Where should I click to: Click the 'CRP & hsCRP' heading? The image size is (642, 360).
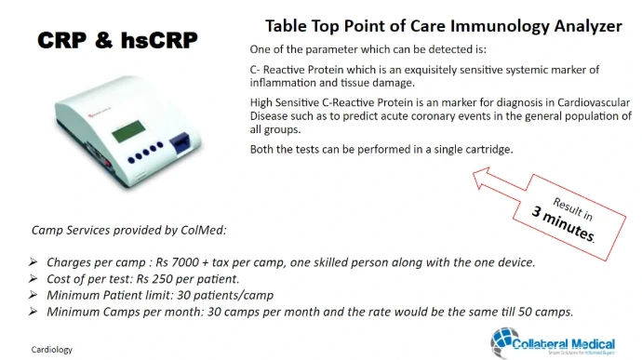pyautogui.click(x=117, y=40)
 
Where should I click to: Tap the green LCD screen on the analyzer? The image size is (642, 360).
pyautogui.click(x=128, y=131)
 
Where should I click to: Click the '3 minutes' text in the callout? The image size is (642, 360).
pyautogui.click(x=563, y=223)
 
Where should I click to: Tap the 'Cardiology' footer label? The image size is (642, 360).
pyautogui.click(x=51, y=350)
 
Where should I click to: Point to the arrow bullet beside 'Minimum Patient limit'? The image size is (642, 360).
pyautogui.click(x=33, y=295)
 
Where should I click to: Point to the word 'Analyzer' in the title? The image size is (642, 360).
pyautogui.click(x=588, y=26)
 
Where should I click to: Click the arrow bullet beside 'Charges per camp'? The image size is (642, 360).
pyautogui.click(x=33, y=261)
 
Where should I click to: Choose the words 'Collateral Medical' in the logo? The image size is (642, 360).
pyautogui.click(x=564, y=344)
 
